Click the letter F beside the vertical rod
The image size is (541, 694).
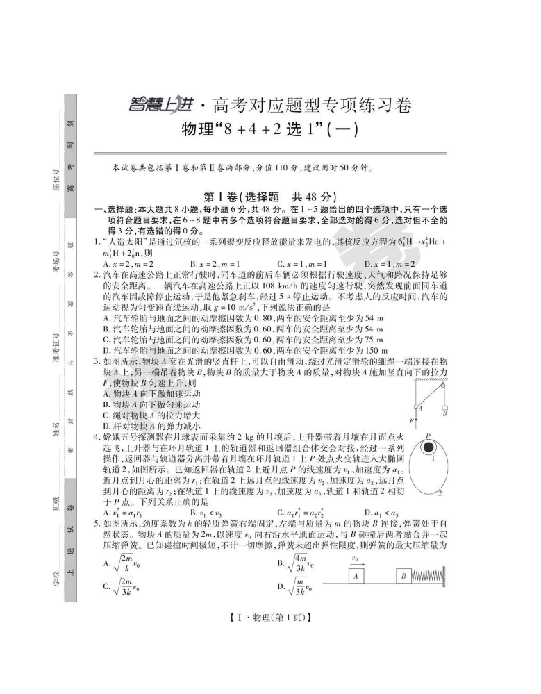pyautogui.click(x=410, y=421)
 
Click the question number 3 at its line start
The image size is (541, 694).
pyautogui.click(x=97, y=361)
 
